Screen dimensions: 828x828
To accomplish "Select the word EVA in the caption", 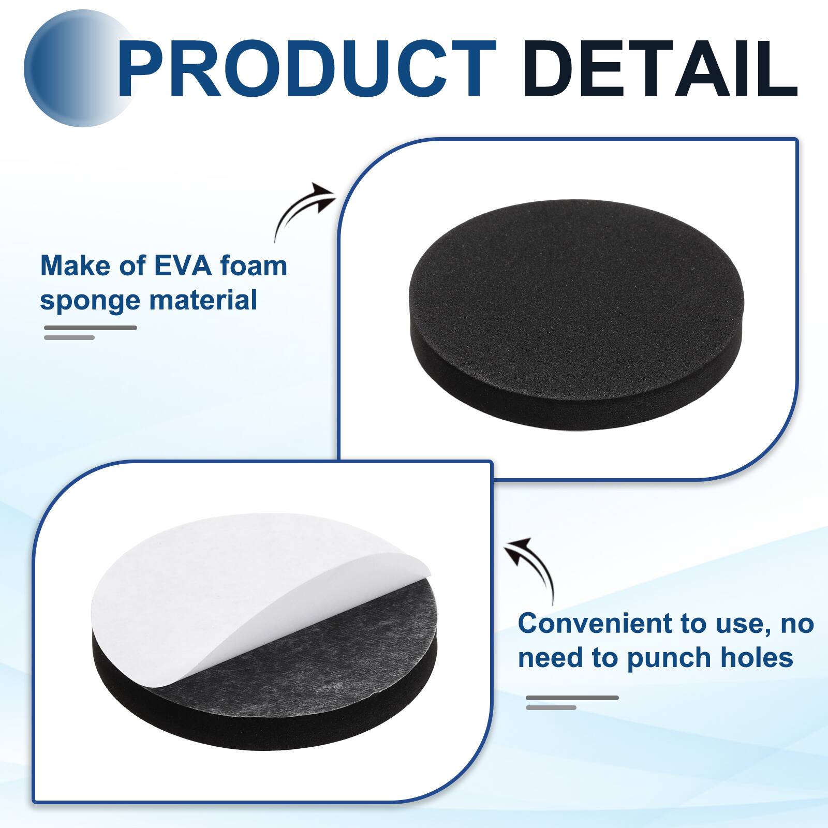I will point(183,266).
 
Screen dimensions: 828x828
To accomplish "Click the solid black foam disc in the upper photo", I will point(574,290).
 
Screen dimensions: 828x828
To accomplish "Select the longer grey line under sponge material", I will point(91,328).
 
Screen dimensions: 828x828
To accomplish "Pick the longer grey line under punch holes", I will point(572,698).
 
